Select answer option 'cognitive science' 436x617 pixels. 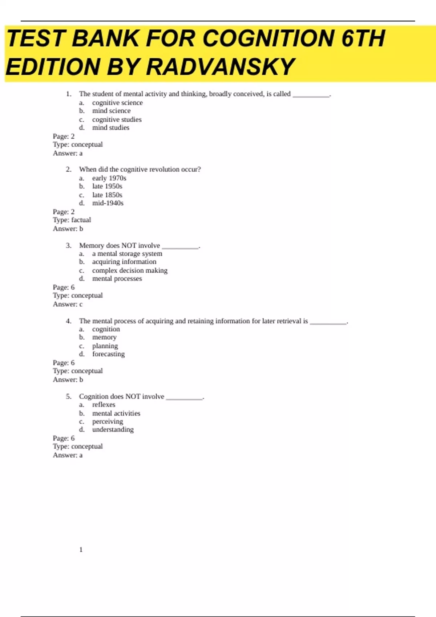(117, 103)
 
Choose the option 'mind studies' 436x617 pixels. (110, 128)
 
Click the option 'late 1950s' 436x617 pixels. (107, 186)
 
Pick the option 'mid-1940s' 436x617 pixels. (108, 203)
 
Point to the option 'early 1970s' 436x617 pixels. (109, 178)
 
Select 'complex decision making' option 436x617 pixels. (130, 270)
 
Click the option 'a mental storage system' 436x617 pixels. (127, 254)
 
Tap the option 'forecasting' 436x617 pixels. (108, 354)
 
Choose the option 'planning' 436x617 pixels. (105, 346)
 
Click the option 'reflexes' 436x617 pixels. (104, 405)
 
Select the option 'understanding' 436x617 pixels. (113, 430)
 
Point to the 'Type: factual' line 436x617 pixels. (72, 220)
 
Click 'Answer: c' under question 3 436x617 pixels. (68, 304)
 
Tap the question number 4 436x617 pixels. (69, 321)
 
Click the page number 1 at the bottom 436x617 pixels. (81, 549)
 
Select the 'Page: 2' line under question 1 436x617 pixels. (64, 136)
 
